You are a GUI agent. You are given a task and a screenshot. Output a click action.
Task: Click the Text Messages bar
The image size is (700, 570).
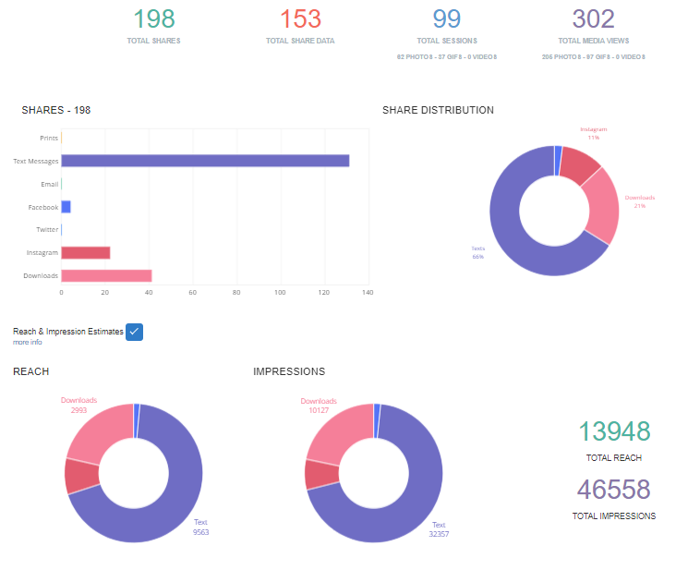click(205, 161)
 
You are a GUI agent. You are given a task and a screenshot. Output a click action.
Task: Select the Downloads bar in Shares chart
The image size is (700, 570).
click(106, 275)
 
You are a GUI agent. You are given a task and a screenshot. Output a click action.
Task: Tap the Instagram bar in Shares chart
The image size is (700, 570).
click(86, 252)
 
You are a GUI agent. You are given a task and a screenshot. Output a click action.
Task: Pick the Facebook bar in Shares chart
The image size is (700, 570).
click(66, 207)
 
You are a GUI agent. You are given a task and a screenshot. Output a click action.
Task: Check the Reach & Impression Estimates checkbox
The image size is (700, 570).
click(134, 332)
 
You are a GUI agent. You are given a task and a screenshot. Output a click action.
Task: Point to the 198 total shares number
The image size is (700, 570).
click(154, 18)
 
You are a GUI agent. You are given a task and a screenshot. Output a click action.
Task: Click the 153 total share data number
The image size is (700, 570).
click(300, 18)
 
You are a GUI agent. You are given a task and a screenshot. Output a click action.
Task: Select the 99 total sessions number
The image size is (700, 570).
click(446, 18)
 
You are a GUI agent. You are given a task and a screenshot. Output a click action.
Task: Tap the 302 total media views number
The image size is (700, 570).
click(593, 18)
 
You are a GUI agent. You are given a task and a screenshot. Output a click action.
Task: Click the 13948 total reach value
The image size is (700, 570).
click(614, 431)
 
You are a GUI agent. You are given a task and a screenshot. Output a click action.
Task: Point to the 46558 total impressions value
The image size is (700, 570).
click(614, 490)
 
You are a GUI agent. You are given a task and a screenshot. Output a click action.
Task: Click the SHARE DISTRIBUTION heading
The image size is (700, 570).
click(438, 110)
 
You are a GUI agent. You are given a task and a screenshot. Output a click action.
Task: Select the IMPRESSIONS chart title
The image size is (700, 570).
click(289, 371)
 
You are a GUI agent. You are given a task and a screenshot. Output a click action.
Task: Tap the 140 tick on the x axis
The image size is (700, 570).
click(368, 293)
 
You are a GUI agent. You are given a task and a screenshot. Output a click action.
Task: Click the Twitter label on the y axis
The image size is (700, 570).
click(47, 230)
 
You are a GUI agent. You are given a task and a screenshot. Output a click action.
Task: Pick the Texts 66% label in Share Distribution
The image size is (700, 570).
click(477, 252)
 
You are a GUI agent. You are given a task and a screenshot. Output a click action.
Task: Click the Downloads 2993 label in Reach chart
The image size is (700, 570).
click(78, 405)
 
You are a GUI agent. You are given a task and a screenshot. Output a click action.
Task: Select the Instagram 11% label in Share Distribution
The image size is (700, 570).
click(594, 133)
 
